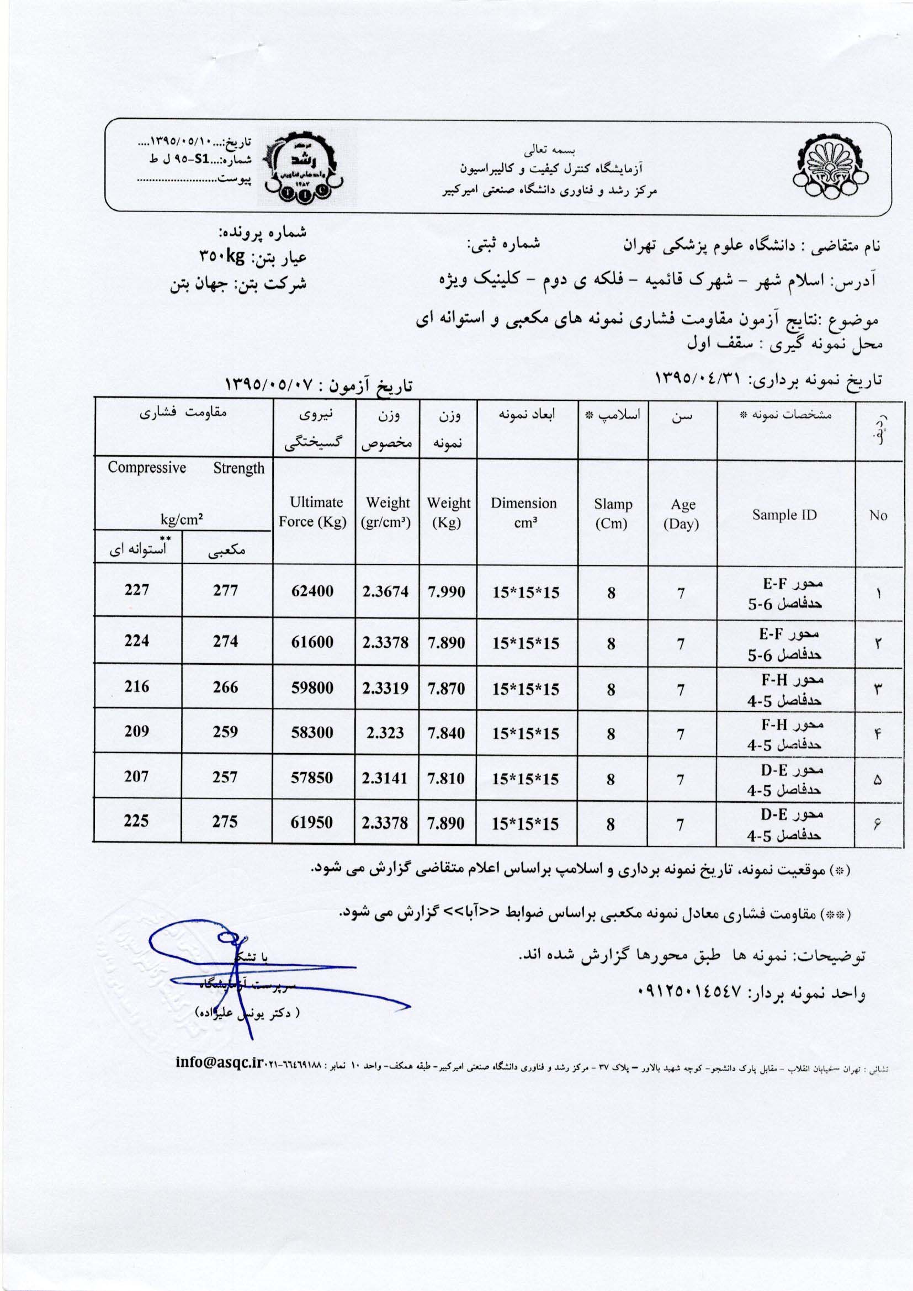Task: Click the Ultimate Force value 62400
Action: click(x=312, y=591)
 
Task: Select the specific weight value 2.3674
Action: click(x=385, y=591)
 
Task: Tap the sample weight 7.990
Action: click(x=447, y=591)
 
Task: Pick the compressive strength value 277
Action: click(x=225, y=590)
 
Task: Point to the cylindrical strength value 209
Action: click(x=136, y=731)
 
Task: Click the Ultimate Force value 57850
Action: click(x=312, y=777)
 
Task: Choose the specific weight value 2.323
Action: click(x=385, y=733)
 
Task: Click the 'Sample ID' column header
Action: click(x=784, y=515)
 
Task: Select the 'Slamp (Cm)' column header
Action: click(x=613, y=514)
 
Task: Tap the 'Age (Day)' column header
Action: click(x=682, y=514)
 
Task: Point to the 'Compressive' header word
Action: click(x=147, y=468)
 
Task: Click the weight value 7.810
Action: click(x=447, y=778)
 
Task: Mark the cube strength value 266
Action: click(x=225, y=686)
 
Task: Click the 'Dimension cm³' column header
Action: click(x=523, y=512)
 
